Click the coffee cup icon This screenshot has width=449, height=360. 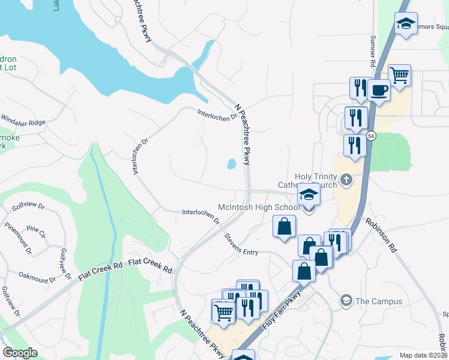pyautogui.click(x=378, y=90)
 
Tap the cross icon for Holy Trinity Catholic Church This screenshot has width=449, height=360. pyautogui.click(x=346, y=179)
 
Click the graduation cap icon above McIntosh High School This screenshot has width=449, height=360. pyautogui.click(x=309, y=195)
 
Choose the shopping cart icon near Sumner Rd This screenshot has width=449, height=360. pyautogui.click(x=399, y=75)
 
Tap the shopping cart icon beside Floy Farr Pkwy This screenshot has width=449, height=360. pyautogui.click(x=223, y=311)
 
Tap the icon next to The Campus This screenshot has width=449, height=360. pyautogui.click(x=346, y=300)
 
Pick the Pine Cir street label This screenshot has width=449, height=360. pyautogui.click(x=36, y=230)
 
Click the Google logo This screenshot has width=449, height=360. pyautogui.click(x=20, y=353)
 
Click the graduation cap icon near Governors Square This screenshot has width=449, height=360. pyautogui.click(x=406, y=24)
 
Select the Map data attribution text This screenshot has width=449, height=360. pyautogui.click(x=424, y=355)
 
